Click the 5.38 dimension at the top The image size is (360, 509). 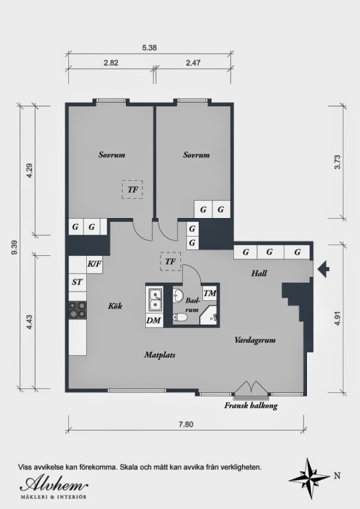149,48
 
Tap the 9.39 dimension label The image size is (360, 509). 14,247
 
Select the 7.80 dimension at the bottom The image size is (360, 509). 186,424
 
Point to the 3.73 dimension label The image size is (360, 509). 337,162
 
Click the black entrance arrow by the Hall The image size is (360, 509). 323,269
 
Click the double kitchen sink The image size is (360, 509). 155,299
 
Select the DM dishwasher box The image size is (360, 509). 154,321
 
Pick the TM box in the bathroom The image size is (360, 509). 210,294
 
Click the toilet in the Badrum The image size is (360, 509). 180,317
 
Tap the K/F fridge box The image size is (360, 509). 94,264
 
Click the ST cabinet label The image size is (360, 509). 77,282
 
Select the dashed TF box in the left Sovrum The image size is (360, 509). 133,190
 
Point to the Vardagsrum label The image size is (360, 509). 255,340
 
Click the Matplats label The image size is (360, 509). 160,355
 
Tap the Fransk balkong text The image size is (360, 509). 251,406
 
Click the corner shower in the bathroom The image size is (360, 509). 208,315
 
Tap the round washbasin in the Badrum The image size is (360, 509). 178,295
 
